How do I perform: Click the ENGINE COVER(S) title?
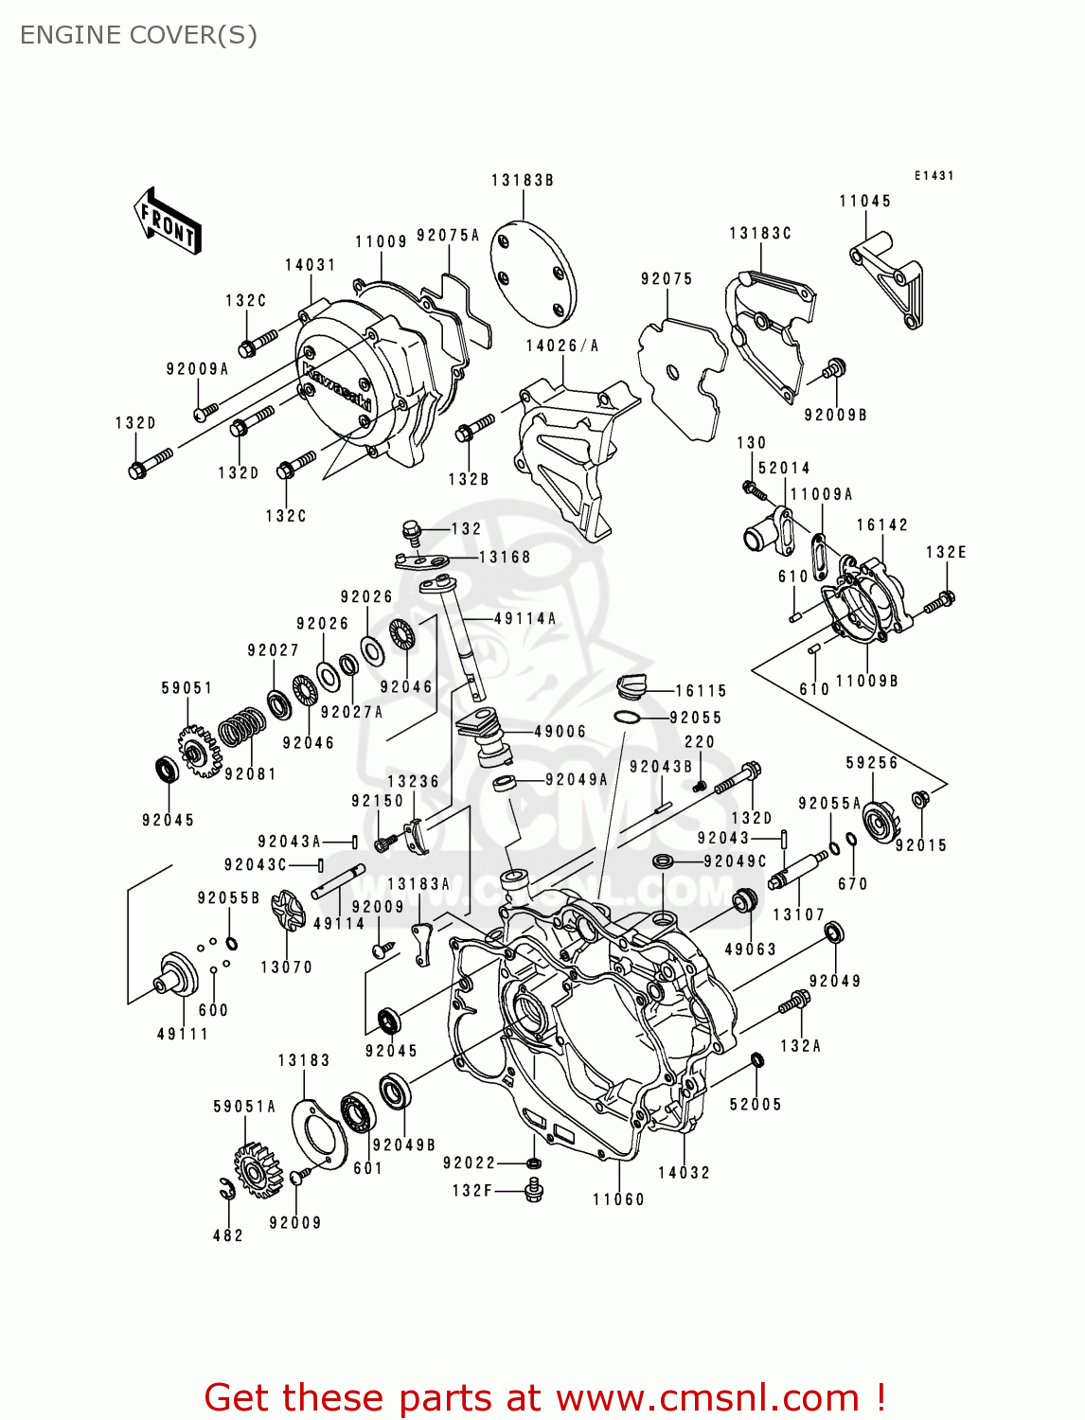point(138,35)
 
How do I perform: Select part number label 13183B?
point(522,180)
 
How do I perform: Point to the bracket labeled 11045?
point(890,278)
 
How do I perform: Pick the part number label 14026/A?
point(562,346)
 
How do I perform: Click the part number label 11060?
point(618,1199)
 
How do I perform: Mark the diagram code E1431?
point(934,176)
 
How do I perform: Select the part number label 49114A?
point(525,618)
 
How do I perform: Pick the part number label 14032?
point(684,1172)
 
